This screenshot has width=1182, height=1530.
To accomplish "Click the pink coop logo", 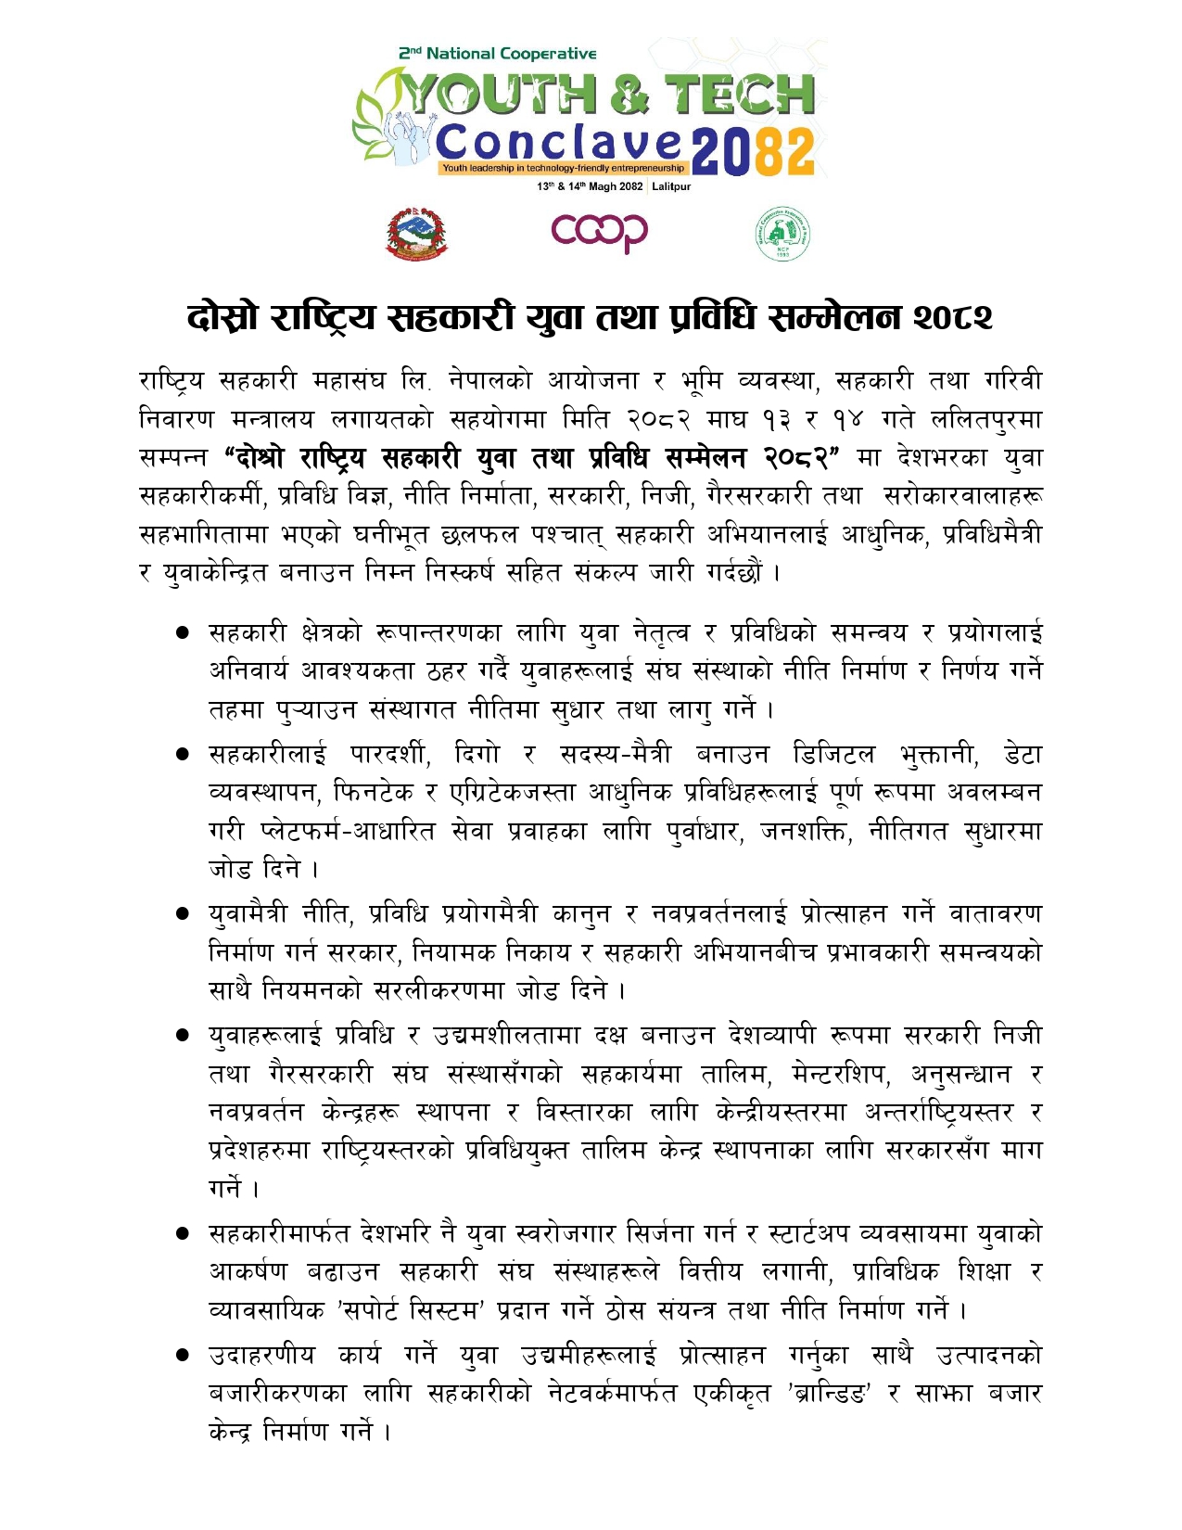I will pos(599,232).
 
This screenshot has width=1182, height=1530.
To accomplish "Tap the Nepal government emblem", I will pos(415,233).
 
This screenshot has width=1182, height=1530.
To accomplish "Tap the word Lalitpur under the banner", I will pos(671,186).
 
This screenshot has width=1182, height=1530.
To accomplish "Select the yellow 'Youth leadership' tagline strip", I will pos(564,168).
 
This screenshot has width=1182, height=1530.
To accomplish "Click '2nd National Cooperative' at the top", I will pos(498,54).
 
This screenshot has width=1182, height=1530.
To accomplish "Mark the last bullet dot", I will pos(183,1356).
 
